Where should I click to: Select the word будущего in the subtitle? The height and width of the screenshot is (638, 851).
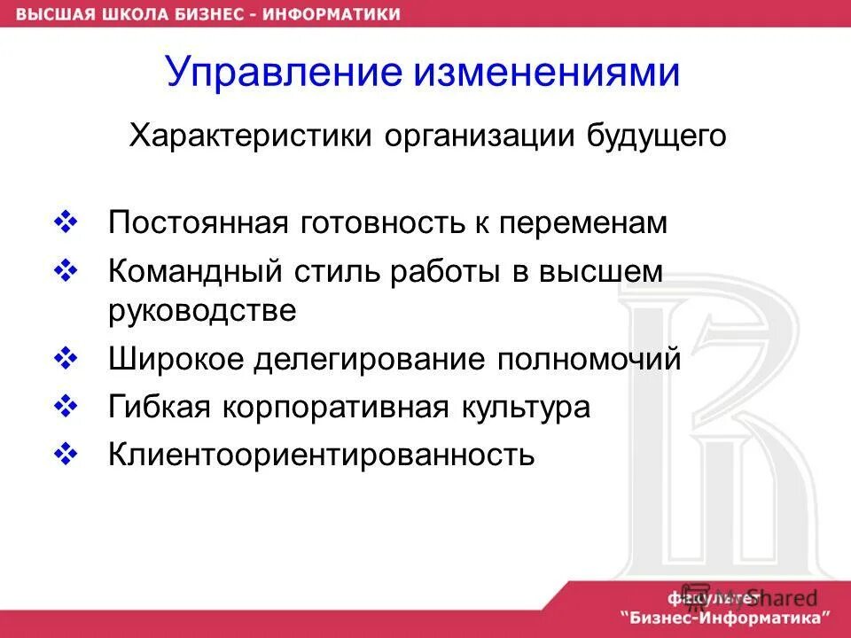656,137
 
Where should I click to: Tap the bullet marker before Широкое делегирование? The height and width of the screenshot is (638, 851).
68,359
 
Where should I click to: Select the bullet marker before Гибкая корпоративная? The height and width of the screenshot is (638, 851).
68,407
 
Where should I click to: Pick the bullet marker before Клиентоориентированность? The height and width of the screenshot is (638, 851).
68,455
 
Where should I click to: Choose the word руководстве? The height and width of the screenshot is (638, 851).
202,311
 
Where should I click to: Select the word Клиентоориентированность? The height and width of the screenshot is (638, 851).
322,455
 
